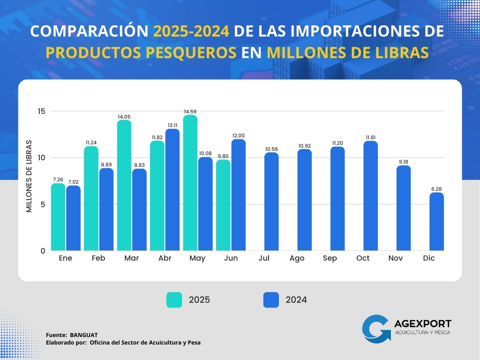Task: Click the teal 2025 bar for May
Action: pyautogui.click(x=190, y=183)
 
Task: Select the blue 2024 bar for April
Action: pyautogui.click(x=172, y=189)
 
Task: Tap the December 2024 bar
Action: pyautogui.click(x=436, y=221)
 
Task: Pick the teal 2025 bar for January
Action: pyautogui.click(x=58, y=217)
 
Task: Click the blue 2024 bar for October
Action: pyautogui.click(x=370, y=195)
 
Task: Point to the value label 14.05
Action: pyautogui.click(x=124, y=117)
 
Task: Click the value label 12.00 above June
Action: pyautogui.click(x=238, y=135)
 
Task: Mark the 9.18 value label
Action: pyautogui.click(x=404, y=162)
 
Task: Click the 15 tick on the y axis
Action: pyautogui.click(x=42, y=111)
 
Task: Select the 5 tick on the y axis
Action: pyautogui.click(x=42, y=204)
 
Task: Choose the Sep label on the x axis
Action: pyautogui.click(x=330, y=258)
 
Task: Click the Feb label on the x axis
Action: pyautogui.click(x=98, y=258)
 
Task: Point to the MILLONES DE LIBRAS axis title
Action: pyautogui.click(x=30, y=176)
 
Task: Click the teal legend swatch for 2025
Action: pyautogui.click(x=174, y=300)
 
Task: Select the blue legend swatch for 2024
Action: pyautogui.click(x=271, y=300)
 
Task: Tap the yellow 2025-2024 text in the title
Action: pyautogui.click(x=191, y=31)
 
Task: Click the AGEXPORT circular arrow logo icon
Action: pyautogui.click(x=376, y=328)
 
